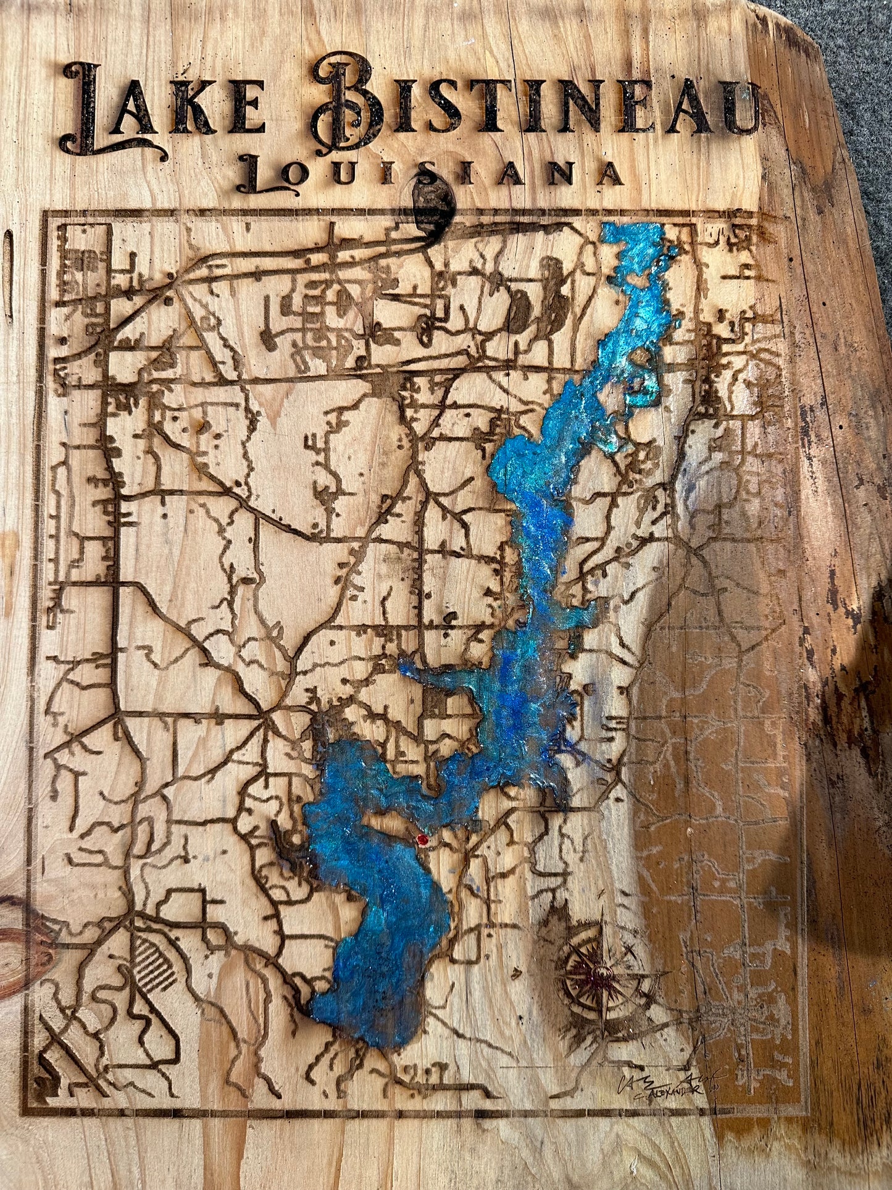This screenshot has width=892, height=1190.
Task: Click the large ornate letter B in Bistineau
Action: (x=346, y=105)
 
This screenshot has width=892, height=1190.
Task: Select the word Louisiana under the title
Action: (x=429, y=173)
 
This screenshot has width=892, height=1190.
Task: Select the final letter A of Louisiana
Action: (x=608, y=174)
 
